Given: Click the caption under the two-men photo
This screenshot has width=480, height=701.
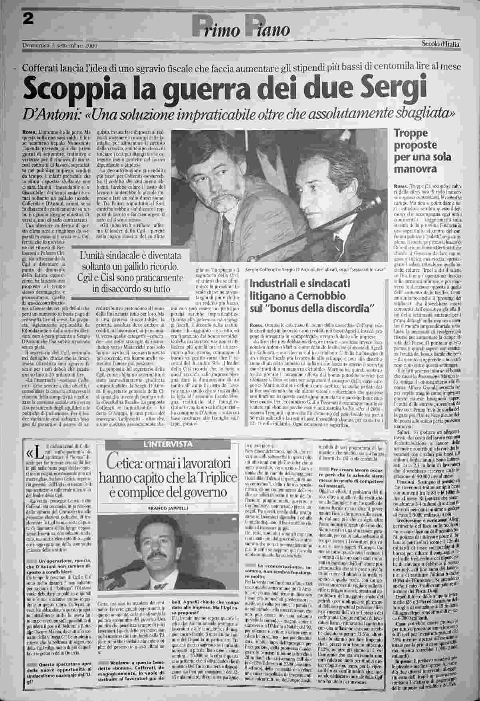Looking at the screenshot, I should click(x=315, y=269).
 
